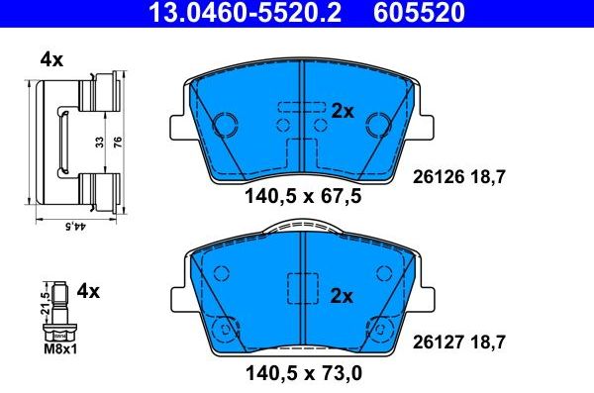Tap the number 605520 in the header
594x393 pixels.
coord(417,13)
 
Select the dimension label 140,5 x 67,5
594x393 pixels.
coord(303,197)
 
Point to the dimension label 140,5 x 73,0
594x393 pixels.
coord(303,375)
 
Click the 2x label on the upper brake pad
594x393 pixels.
coord(343,112)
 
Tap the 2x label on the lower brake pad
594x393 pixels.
coord(343,296)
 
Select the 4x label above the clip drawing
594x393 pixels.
coord(50,59)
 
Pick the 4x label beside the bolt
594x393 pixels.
coord(89,291)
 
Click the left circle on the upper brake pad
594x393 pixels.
coord(227,125)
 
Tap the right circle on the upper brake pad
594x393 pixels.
coord(377,125)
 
